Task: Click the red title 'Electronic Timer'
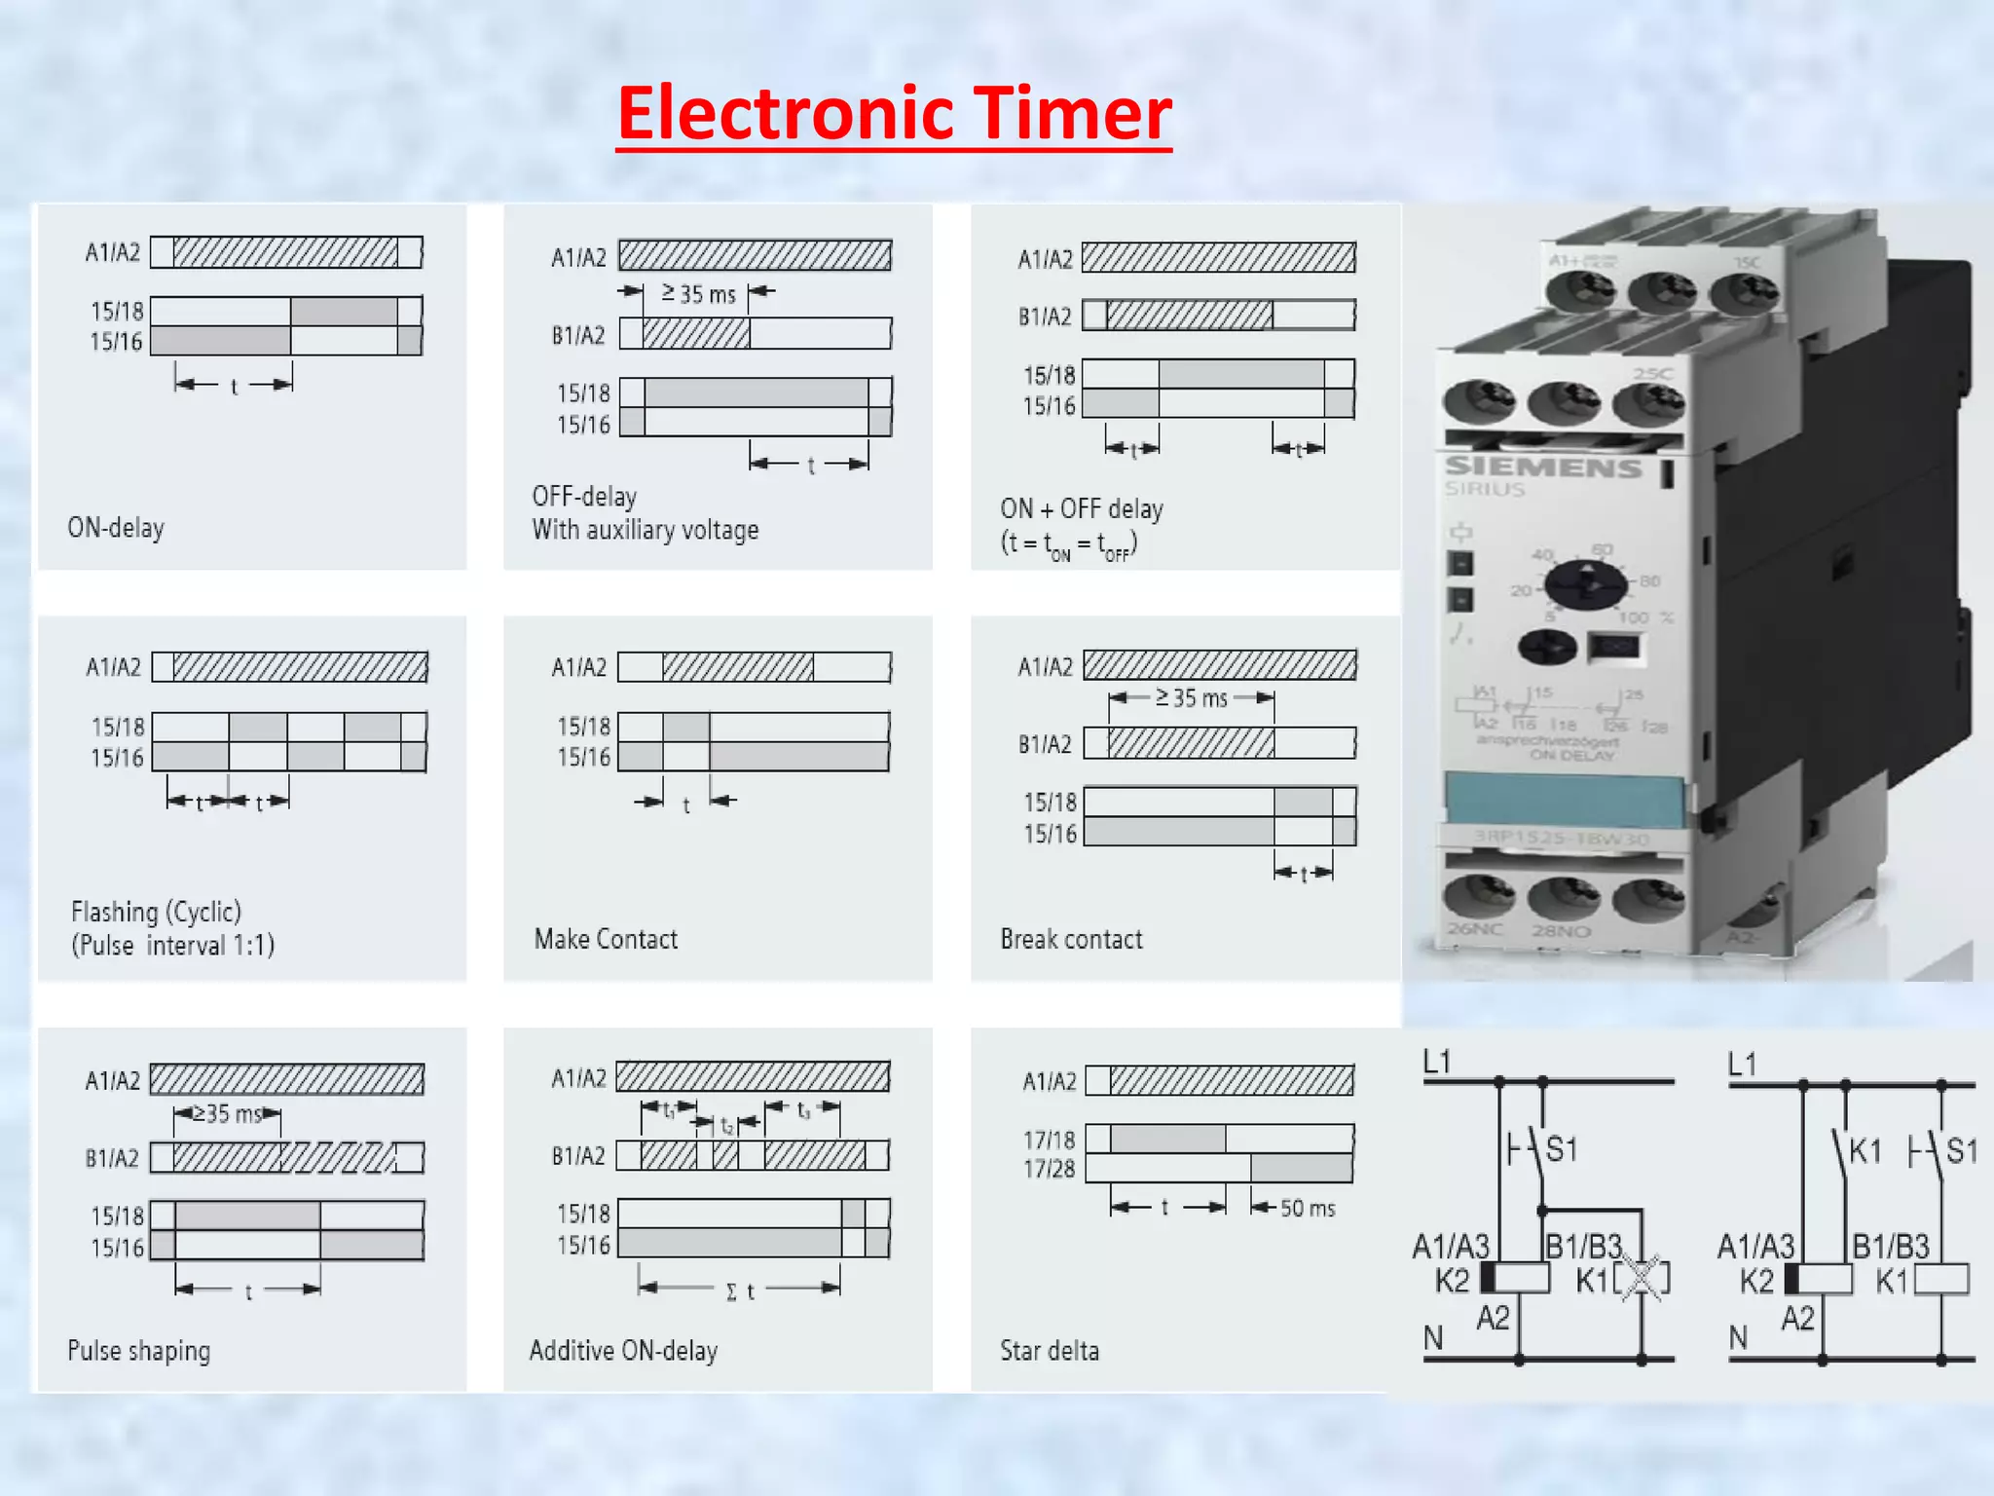[x=894, y=113]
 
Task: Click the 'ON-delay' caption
[x=116, y=528]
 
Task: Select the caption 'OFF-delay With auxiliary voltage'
[x=645, y=513]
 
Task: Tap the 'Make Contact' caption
[x=606, y=939]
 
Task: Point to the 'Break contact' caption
[x=1071, y=939]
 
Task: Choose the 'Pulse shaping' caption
[x=139, y=1351]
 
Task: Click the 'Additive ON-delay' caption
[x=623, y=1351]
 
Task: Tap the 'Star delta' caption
[x=1050, y=1351]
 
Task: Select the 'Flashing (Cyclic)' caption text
[x=156, y=913]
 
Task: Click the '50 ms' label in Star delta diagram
[x=1307, y=1209]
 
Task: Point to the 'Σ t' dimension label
[x=740, y=1291]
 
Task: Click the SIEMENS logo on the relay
[x=1542, y=467]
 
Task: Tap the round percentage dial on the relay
[x=1585, y=584]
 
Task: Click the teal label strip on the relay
[x=1564, y=799]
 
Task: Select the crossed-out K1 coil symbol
[x=1643, y=1279]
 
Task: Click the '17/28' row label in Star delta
[x=1049, y=1169]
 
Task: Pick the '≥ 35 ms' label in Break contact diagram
[x=1191, y=697]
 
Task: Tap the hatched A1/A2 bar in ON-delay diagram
[x=286, y=252]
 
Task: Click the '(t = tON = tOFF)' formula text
[x=1068, y=544]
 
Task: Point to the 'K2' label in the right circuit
[x=1756, y=1281]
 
